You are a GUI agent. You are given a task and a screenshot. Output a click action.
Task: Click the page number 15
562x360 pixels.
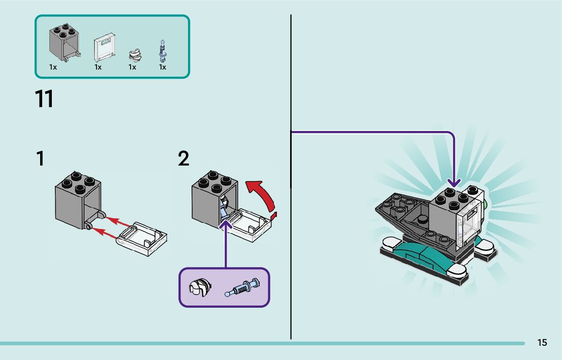[542, 343]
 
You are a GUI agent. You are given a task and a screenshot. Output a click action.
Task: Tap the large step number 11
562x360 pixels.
[44, 99]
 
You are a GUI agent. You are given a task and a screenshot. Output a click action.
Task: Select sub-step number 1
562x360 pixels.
[40, 159]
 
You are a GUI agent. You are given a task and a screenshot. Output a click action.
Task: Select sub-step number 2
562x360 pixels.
[183, 159]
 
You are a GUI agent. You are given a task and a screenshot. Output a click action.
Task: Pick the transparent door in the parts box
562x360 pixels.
[104, 49]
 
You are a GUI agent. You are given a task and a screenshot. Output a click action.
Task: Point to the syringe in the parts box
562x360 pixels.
[163, 51]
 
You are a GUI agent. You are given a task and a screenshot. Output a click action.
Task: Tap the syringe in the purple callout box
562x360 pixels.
[242, 288]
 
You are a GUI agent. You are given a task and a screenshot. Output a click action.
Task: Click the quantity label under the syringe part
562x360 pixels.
[163, 67]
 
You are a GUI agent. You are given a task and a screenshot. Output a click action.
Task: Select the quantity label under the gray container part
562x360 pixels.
[53, 67]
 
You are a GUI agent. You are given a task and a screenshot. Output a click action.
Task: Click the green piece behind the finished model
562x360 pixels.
[485, 205]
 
